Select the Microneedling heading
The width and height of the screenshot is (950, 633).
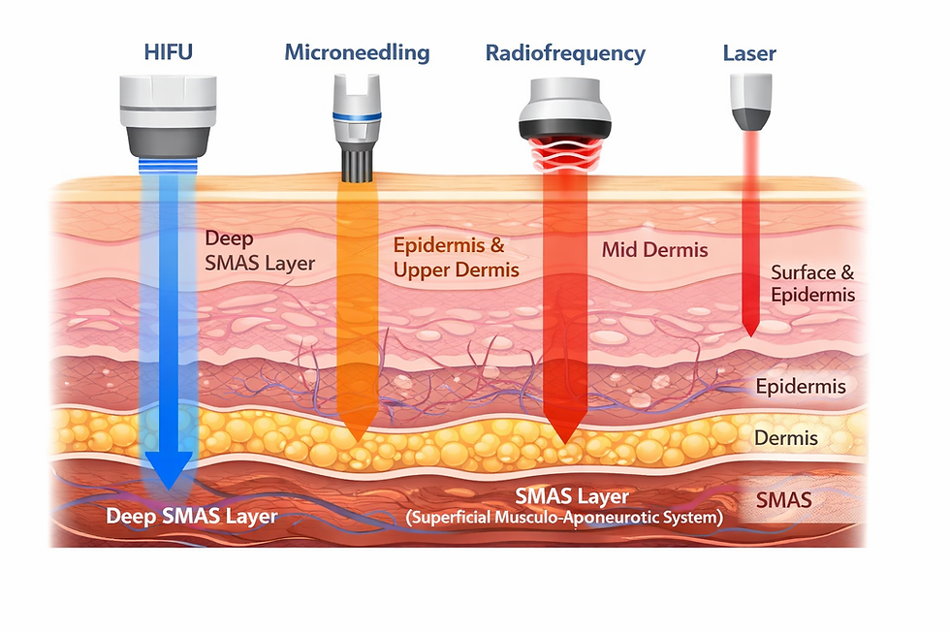[357, 52]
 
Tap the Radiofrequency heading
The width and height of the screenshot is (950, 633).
[565, 52]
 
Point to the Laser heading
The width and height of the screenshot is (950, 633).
[749, 52]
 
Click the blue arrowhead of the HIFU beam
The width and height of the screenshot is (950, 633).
[168, 470]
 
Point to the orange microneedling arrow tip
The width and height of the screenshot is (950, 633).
[357, 431]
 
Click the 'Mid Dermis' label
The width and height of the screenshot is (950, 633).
[654, 250]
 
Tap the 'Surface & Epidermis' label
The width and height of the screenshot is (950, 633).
[812, 283]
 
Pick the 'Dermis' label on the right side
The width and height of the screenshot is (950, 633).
[785, 438]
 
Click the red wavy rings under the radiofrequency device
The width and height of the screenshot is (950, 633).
[564, 152]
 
